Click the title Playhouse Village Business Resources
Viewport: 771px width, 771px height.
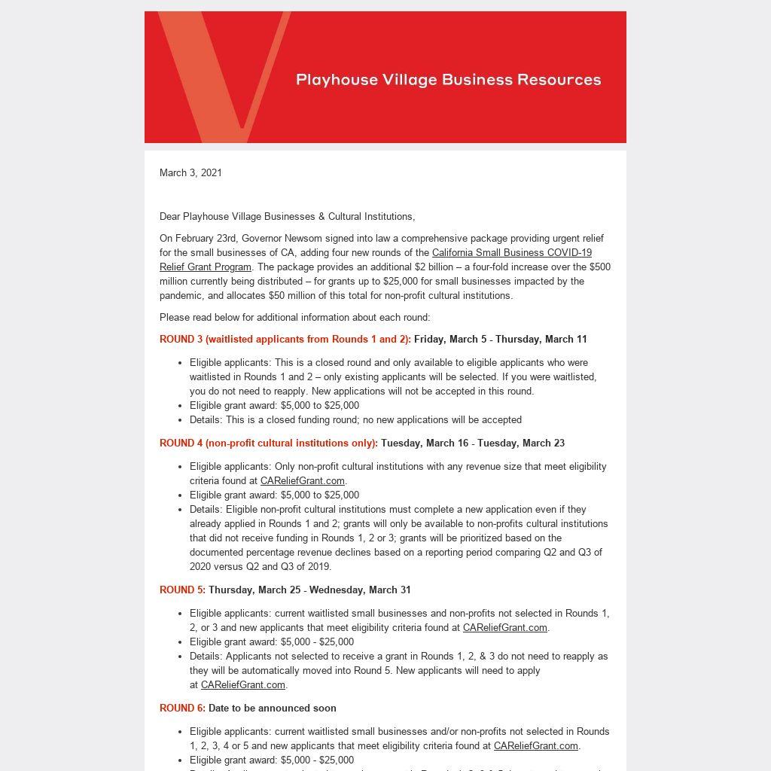click(x=449, y=80)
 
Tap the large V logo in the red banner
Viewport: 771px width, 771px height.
click(x=218, y=75)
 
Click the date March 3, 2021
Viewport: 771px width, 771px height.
click(x=190, y=172)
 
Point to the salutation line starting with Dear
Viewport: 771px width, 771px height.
click(x=287, y=216)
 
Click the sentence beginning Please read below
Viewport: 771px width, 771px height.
click(x=294, y=317)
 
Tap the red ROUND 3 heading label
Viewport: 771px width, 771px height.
click(x=285, y=339)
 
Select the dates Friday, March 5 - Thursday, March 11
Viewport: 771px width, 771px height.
click(x=500, y=339)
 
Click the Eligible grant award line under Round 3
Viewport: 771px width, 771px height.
click(x=274, y=405)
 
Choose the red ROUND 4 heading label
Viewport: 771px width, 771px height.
click(x=268, y=443)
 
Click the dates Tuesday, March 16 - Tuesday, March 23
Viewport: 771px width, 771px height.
click(x=472, y=443)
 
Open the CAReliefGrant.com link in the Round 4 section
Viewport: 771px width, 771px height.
click(x=302, y=480)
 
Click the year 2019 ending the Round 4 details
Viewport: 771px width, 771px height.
click(x=318, y=566)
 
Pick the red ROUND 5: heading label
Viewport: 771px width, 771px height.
click(x=182, y=590)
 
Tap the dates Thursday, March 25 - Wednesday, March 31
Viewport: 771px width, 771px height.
click(x=309, y=590)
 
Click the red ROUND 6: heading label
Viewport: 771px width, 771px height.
click(x=182, y=708)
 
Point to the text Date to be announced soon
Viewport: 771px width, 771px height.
click(x=272, y=708)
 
